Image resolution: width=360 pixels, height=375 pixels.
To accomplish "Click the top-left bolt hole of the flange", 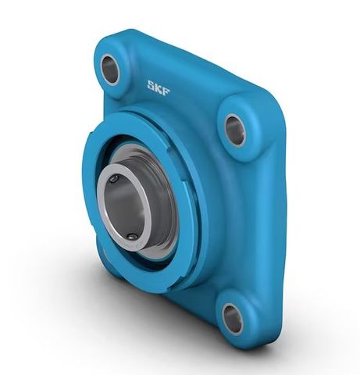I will (111, 70).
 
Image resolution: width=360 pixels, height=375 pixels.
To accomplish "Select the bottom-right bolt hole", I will (232, 317).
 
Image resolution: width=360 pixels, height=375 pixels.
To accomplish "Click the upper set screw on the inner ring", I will (114, 180).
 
